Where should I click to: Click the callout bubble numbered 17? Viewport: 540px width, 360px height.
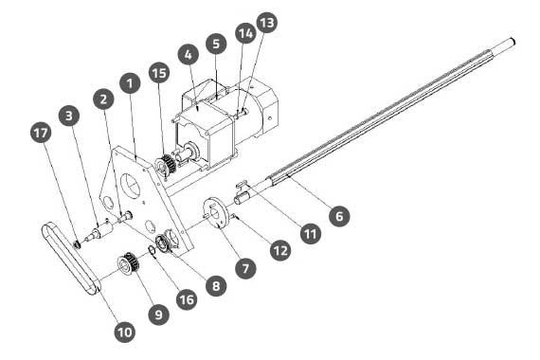pos(41,133)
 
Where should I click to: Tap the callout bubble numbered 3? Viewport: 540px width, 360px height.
pos(69,116)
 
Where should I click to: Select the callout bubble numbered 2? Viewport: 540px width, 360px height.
pos(103,99)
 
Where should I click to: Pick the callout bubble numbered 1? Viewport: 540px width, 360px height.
pos(130,83)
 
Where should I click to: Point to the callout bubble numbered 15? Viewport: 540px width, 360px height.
pos(159,73)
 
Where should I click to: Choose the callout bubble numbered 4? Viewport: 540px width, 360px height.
pos(188,54)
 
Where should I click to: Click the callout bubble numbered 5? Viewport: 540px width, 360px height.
pos(216,44)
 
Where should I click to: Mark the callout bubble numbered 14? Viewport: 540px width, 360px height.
pos(246,33)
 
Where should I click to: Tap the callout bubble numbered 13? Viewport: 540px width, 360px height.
pos(267,23)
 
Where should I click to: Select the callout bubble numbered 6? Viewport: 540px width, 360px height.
pos(339,216)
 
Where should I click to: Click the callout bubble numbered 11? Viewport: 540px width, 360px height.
pos(311,234)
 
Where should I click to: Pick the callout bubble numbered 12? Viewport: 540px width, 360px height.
pos(280,250)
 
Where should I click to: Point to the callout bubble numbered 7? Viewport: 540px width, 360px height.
pos(245,268)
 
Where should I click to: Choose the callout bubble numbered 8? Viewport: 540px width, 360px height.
pos(216,285)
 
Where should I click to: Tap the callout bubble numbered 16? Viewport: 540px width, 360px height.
pos(187,299)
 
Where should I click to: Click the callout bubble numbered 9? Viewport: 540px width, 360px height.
pos(159,315)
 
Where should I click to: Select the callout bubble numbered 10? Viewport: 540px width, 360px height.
pos(125,333)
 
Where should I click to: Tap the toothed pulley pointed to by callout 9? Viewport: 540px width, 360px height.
pos(128,262)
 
